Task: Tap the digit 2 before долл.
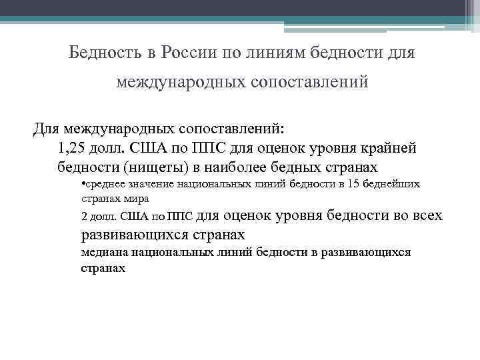pyautogui.click(x=83, y=217)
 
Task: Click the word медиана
pyautogui.click(x=105, y=253)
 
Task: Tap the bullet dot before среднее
pyautogui.click(x=81, y=183)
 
